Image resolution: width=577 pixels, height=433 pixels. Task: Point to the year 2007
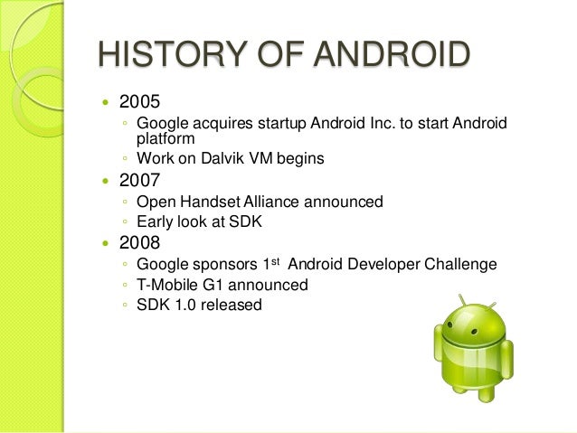[x=139, y=180]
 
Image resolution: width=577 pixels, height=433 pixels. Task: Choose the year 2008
[x=139, y=243]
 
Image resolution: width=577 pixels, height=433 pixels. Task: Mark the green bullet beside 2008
[x=107, y=244]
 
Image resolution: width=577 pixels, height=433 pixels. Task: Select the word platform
[x=166, y=138]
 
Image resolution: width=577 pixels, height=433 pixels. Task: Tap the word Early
[x=156, y=221]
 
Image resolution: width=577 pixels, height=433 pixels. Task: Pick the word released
[x=232, y=306]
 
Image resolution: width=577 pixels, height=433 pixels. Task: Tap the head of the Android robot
[x=468, y=324]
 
